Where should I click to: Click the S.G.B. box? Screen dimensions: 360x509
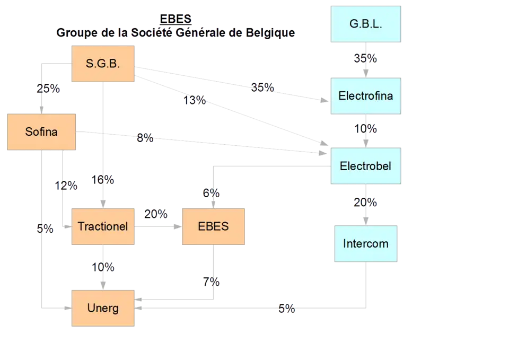point(103,64)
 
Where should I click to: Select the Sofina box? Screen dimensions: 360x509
point(41,131)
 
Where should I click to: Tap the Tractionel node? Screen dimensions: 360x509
point(103,226)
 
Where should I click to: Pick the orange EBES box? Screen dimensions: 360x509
point(213,226)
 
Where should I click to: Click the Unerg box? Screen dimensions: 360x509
point(103,308)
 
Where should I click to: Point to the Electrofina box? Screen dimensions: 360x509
point(365,96)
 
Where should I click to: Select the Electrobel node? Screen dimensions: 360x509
point(365,166)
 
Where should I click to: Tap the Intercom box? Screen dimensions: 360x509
point(365,244)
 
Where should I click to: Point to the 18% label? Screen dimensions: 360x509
point(195,100)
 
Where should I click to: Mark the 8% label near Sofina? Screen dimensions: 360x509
point(144,138)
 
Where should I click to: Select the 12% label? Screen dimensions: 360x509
point(66,186)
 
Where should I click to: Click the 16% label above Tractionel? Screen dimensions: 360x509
point(103,180)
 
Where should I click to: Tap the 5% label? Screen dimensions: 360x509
point(45,229)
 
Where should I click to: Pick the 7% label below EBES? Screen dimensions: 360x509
point(212,282)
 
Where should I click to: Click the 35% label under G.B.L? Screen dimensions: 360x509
point(365,58)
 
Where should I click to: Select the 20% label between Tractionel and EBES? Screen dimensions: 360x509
point(156,214)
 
